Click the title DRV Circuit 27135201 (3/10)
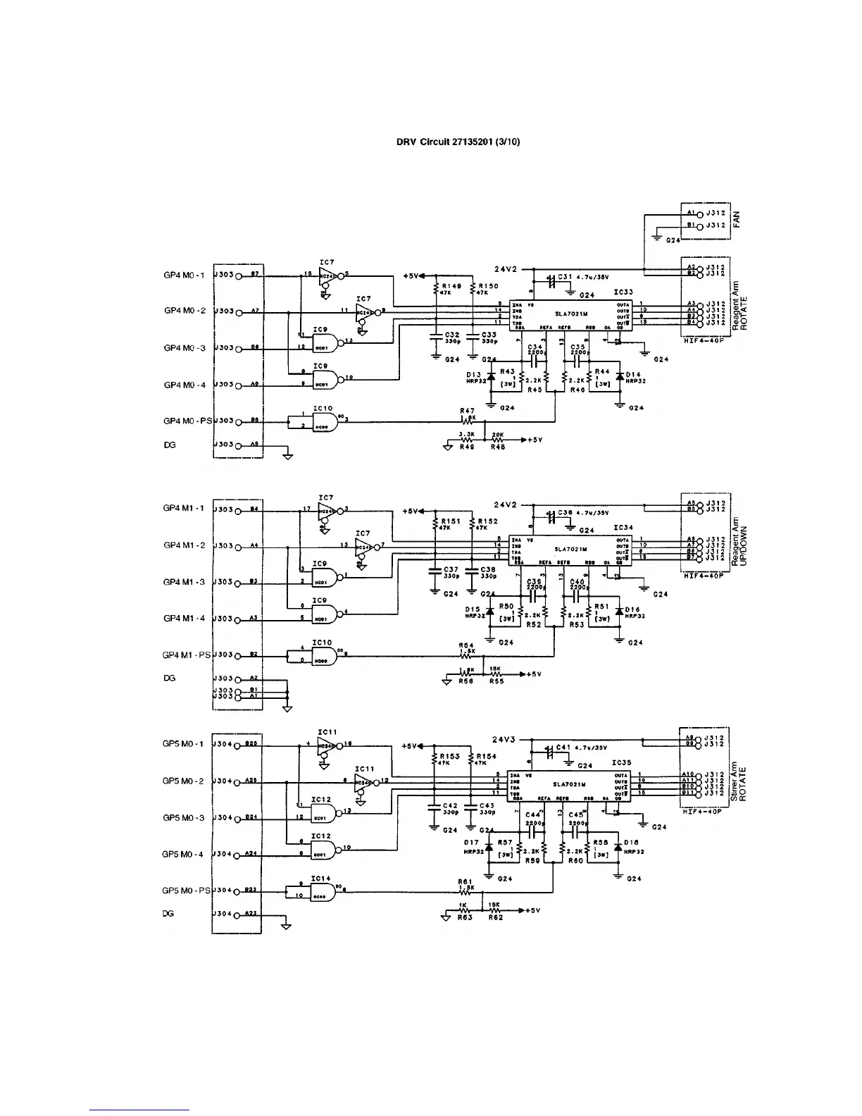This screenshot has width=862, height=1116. coord(458,142)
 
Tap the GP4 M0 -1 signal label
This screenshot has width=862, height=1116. coord(184,275)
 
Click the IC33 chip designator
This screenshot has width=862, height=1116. coord(623,292)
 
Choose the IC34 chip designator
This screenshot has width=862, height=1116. coord(623,527)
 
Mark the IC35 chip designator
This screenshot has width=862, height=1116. coord(621,762)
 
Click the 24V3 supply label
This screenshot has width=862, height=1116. coord(504,740)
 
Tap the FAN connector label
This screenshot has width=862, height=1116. coord(737,218)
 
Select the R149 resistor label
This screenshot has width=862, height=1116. coord(451,286)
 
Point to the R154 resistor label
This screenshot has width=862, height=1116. coord(486,756)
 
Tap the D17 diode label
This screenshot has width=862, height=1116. coord(471,842)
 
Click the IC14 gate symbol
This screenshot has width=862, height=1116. coord(323,891)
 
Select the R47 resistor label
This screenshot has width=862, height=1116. coord(467,410)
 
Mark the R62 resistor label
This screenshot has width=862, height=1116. coord(496,918)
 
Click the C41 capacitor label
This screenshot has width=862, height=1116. coord(563,748)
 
